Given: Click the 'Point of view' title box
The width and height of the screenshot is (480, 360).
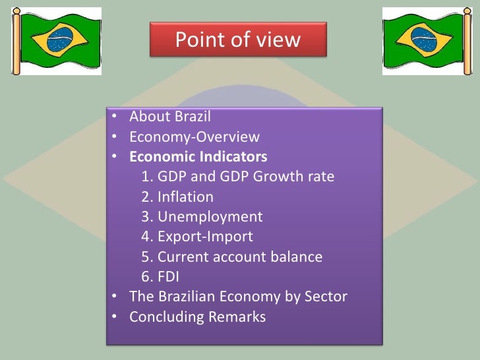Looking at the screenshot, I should [x=237, y=40].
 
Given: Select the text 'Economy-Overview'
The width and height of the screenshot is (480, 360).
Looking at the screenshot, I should [x=195, y=137].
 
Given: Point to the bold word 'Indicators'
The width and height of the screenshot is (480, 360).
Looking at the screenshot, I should [x=235, y=157].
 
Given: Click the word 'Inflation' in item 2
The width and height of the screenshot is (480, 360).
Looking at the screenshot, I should [x=185, y=197].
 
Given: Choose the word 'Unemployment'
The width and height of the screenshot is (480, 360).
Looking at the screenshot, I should [x=210, y=217].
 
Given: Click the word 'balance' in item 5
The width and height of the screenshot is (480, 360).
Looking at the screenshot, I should [x=294, y=256].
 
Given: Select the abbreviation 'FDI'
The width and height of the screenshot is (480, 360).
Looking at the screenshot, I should [x=168, y=277].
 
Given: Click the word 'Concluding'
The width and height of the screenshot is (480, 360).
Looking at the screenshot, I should [x=167, y=317].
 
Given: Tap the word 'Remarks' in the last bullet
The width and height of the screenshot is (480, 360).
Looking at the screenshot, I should [x=237, y=317].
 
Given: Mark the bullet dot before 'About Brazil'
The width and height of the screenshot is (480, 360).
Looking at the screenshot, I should [x=115, y=118].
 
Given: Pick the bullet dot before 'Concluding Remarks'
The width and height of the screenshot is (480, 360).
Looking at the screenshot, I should [x=115, y=317].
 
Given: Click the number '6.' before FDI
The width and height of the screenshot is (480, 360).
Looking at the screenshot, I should [x=146, y=277].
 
